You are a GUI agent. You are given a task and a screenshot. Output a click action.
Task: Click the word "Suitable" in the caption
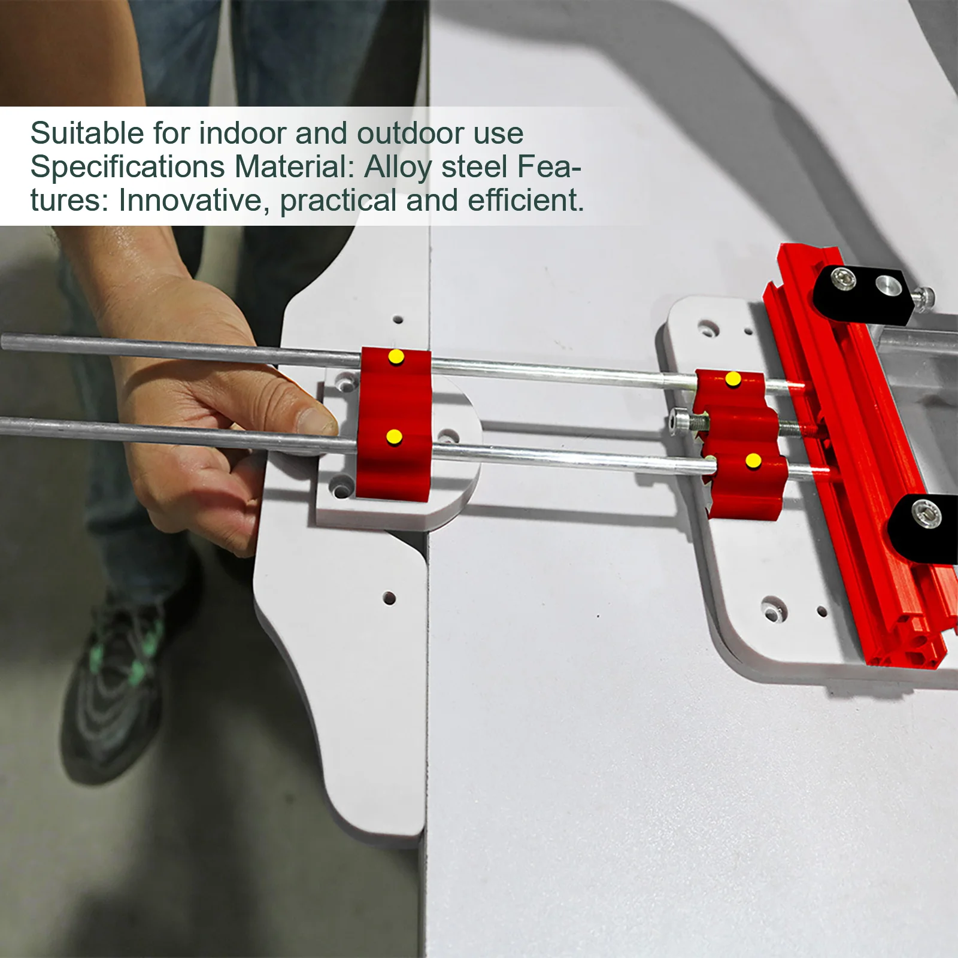coord(87,133)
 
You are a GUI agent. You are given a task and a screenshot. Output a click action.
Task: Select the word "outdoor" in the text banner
coord(411,133)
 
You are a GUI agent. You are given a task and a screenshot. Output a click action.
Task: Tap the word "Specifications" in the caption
coord(128,168)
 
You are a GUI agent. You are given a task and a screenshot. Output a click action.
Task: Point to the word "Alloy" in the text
coord(398,168)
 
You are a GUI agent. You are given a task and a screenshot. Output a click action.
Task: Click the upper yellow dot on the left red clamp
coord(396,357)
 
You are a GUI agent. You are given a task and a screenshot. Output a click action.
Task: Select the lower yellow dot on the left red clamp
coord(394,436)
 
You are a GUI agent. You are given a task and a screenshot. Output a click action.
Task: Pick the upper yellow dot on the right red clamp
coord(733,379)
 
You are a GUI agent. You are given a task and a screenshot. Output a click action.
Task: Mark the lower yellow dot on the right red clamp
coord(753,461)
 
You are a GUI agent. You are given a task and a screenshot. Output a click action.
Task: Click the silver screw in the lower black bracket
coord(926,514)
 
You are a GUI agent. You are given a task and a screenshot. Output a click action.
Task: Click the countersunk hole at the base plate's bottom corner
coord(772,607)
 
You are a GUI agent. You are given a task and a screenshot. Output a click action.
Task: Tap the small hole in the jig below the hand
coord(389,598)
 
